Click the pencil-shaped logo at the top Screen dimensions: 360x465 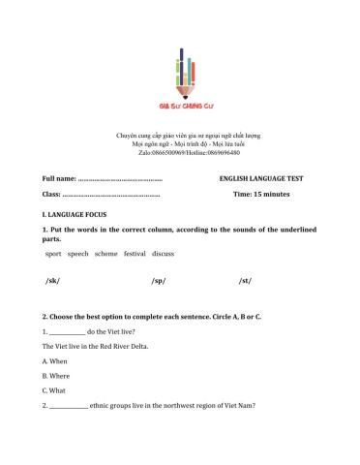[x=180, y=73]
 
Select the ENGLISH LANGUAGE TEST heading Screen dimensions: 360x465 [x=261, y=179]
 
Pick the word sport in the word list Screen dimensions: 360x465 [x=53, y=254]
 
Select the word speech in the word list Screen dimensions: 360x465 [x=77, y=254]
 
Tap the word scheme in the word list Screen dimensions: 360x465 [x=105, y=254]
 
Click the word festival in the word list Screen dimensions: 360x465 [x=135, y=254]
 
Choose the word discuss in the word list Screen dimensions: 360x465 [x=163, y=254]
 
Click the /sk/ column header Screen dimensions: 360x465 [x=52, y=281]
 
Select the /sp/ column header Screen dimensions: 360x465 [x=159, y=281]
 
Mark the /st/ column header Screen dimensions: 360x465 [x=245, y=281]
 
